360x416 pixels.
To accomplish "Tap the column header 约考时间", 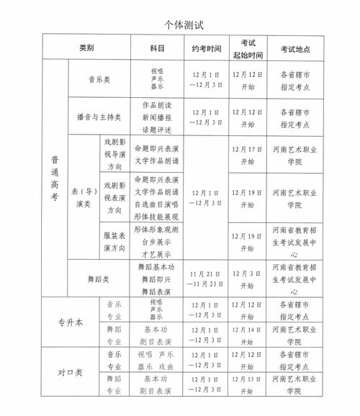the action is pos(204,48).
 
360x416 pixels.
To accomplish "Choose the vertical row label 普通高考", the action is pos(55,178).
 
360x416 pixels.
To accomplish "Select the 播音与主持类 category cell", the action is pos(98,114).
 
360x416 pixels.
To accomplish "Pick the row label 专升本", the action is pos(70,322).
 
